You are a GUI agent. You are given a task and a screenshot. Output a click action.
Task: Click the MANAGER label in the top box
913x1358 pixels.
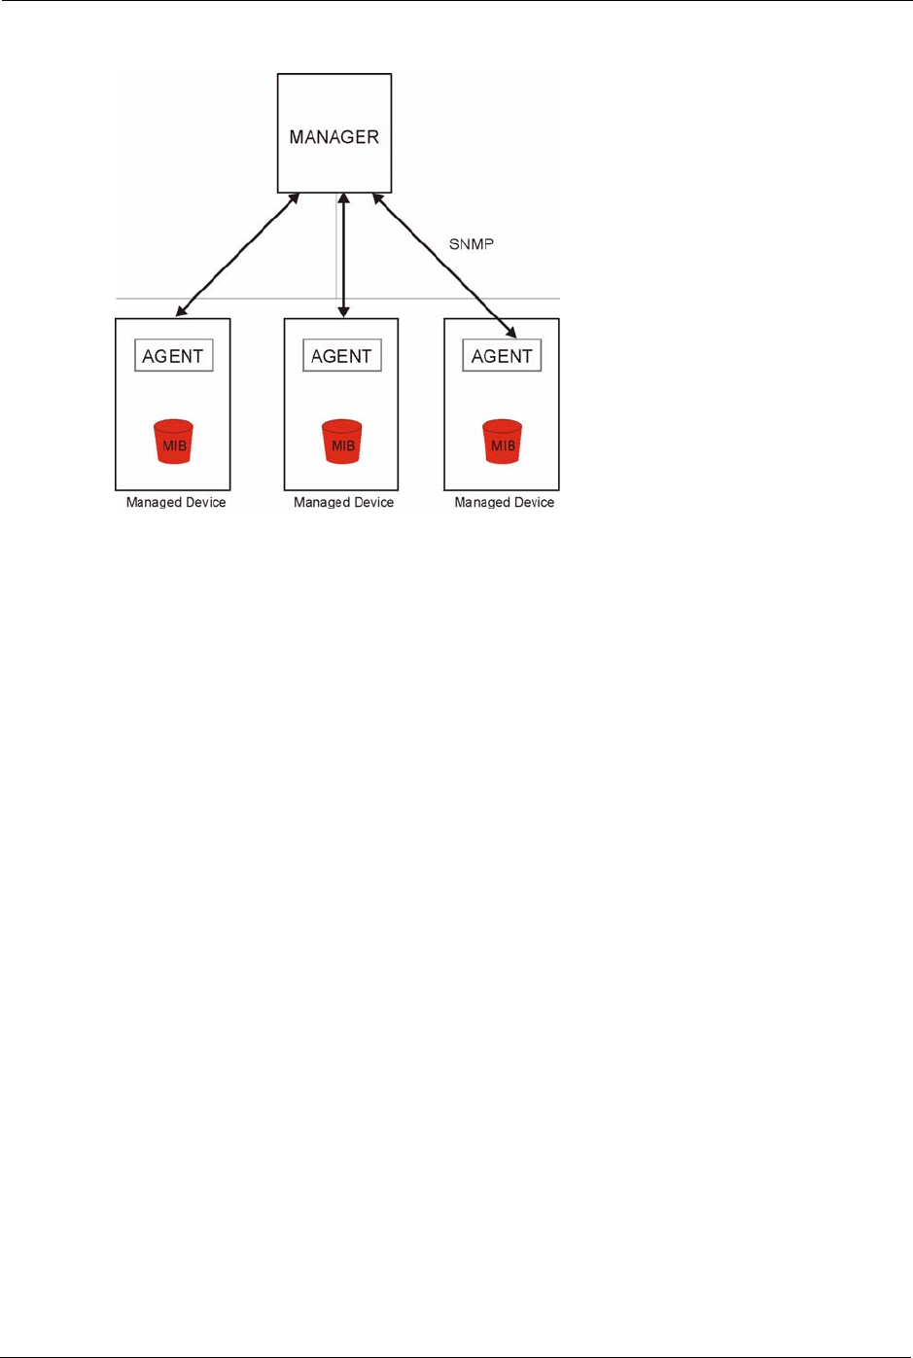(x=334, y=137)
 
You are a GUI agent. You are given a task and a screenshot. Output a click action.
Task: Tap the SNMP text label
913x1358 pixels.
(x=472, y=244)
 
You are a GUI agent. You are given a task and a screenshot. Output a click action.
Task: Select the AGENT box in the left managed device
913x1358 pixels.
(x=173, y=356)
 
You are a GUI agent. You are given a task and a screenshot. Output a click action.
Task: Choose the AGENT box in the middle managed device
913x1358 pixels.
(x=341, y=356)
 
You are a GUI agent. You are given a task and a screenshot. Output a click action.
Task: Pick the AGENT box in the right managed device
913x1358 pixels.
(x=502, y=356)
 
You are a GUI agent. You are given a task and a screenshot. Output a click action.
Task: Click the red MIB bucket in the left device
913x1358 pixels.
(x=174, y=442)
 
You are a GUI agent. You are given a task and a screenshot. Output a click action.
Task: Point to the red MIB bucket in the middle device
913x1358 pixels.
(x=342, y=442)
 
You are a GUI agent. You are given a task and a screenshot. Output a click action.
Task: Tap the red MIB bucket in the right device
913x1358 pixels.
(x=503, y=442)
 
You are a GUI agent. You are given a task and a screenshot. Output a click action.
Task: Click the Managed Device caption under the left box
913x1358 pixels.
(x=176, y=503)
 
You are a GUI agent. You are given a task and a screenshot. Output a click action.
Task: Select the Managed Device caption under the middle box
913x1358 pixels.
(x=343, y=503)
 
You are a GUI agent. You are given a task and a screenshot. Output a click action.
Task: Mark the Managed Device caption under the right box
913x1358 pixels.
(x=504, y=503)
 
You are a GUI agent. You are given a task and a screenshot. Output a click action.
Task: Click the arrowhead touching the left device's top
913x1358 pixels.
(x=181, y=311)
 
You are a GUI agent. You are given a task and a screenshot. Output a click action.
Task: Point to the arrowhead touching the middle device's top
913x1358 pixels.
(x=343, y=311)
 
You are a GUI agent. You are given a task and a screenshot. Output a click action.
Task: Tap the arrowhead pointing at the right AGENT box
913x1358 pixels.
(x=510, y=332)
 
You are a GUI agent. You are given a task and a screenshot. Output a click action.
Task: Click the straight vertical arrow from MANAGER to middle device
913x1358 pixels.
(x=343, y=255)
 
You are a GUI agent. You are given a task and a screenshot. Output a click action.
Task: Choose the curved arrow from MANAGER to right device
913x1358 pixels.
(x=442, y=263)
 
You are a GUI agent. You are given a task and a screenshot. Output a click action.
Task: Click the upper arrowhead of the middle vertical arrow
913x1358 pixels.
(x=343, y=199)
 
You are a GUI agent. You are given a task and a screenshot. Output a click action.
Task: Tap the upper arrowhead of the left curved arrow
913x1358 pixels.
(x=294, y=199)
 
